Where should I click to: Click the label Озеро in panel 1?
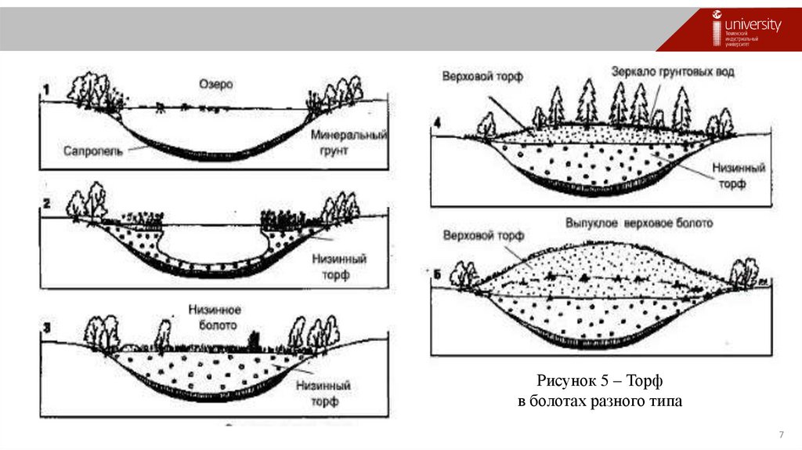tap(216, 84)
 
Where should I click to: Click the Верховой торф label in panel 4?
tap(482, 77)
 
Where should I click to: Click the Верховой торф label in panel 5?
tap(483, 235)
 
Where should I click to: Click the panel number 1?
tap(45, 89)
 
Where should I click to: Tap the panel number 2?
tap(46, 203)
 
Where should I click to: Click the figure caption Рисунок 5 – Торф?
tap(600, 381)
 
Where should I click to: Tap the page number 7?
tap(780, 435)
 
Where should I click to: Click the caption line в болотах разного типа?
tap(600, 401)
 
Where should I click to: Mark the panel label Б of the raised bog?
tap(438, 274)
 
